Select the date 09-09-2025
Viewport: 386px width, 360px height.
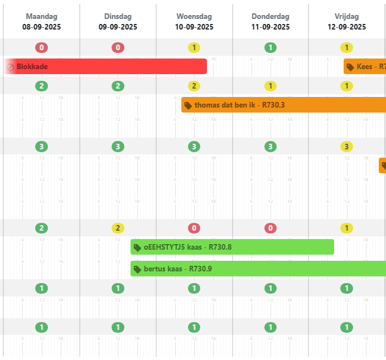(x=118, y=27)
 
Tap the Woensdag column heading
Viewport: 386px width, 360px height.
(x=194, y=17)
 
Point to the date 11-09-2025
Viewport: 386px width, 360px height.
(x=271, y=27)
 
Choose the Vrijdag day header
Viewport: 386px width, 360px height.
(x=347, y=17)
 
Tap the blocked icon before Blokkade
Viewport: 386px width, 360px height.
(x=11, y=67)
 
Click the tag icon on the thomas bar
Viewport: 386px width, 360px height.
(x=189, y=105)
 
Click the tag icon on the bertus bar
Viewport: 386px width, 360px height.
(x=137, y=270)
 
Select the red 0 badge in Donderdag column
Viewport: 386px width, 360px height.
(x=271, y=228)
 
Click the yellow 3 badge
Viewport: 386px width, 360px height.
(x=347, y=147)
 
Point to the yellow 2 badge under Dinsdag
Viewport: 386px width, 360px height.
(x=118, y=228)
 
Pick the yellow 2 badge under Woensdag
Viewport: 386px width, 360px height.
(x=194, y=86)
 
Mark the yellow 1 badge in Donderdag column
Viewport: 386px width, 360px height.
(x=271, y=86)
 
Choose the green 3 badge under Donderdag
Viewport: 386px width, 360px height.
(x=271, y=147)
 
